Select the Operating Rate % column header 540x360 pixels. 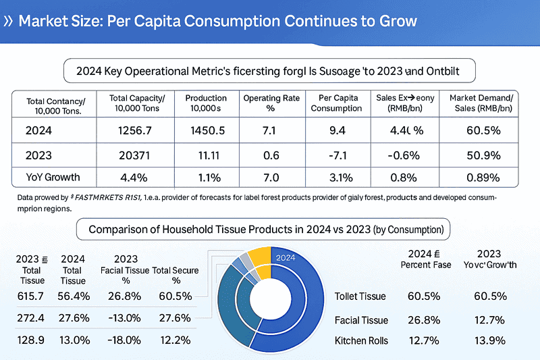point(271,103)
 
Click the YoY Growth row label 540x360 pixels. point(53,178)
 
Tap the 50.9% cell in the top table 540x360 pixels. point(483,155)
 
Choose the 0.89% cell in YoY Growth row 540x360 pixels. point(483,178)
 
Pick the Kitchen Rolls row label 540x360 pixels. point(361,340)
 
